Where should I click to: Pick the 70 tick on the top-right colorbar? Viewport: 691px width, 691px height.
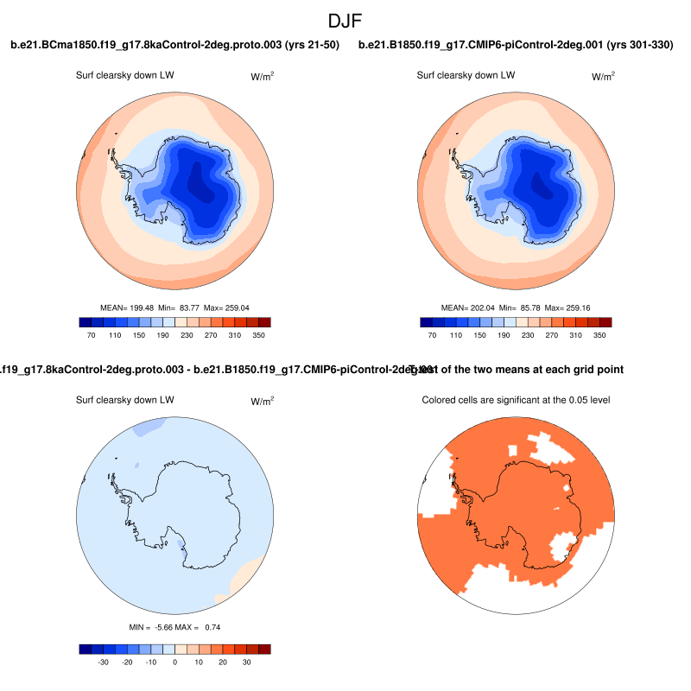431,333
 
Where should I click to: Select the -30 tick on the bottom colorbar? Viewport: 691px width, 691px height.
103,662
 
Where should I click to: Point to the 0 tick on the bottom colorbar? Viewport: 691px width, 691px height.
175,662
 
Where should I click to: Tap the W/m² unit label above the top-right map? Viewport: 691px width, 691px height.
603,76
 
